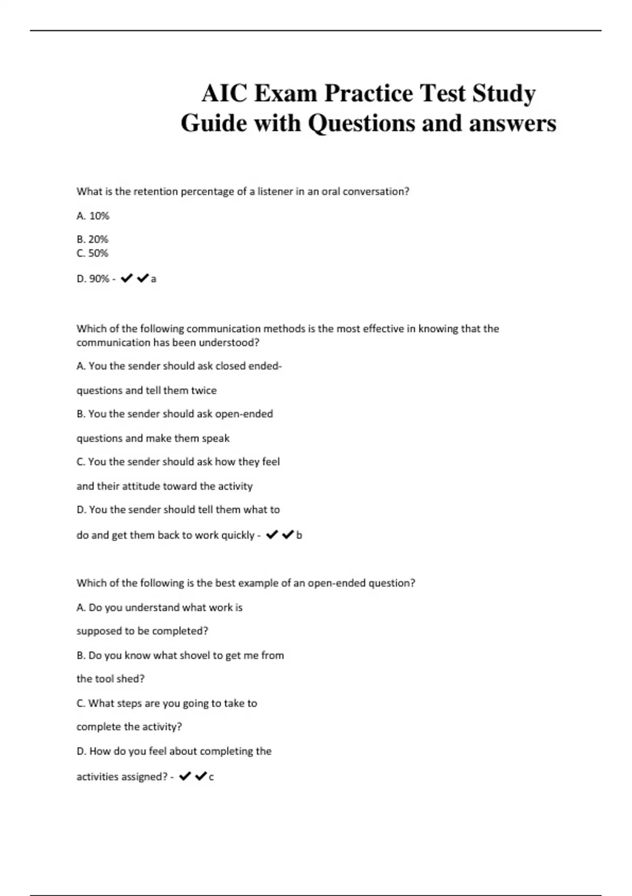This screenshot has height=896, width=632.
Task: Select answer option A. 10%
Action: (93, 216)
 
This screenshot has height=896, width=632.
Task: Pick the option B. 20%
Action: (92, 239)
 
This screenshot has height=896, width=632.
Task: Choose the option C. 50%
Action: (92, 253)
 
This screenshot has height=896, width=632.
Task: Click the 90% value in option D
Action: (99, 279)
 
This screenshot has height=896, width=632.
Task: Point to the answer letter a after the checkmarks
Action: (154, 279)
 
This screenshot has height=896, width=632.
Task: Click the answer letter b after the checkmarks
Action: (299, 535)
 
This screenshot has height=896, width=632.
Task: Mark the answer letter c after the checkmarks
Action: (211, 777)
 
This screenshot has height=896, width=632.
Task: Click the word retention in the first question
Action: (156, 191)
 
